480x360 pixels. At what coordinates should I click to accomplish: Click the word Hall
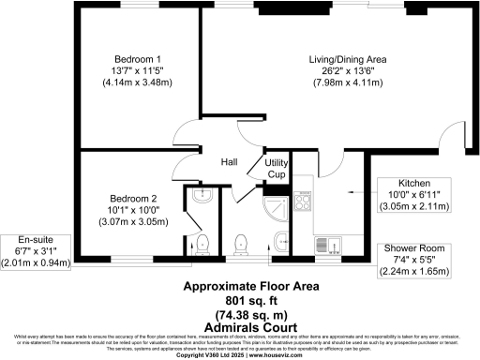click(x=229, y=162)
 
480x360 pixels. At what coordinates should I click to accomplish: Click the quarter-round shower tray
click(x=277, y=208)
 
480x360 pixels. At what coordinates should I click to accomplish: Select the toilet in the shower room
click(x=242, y=241)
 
